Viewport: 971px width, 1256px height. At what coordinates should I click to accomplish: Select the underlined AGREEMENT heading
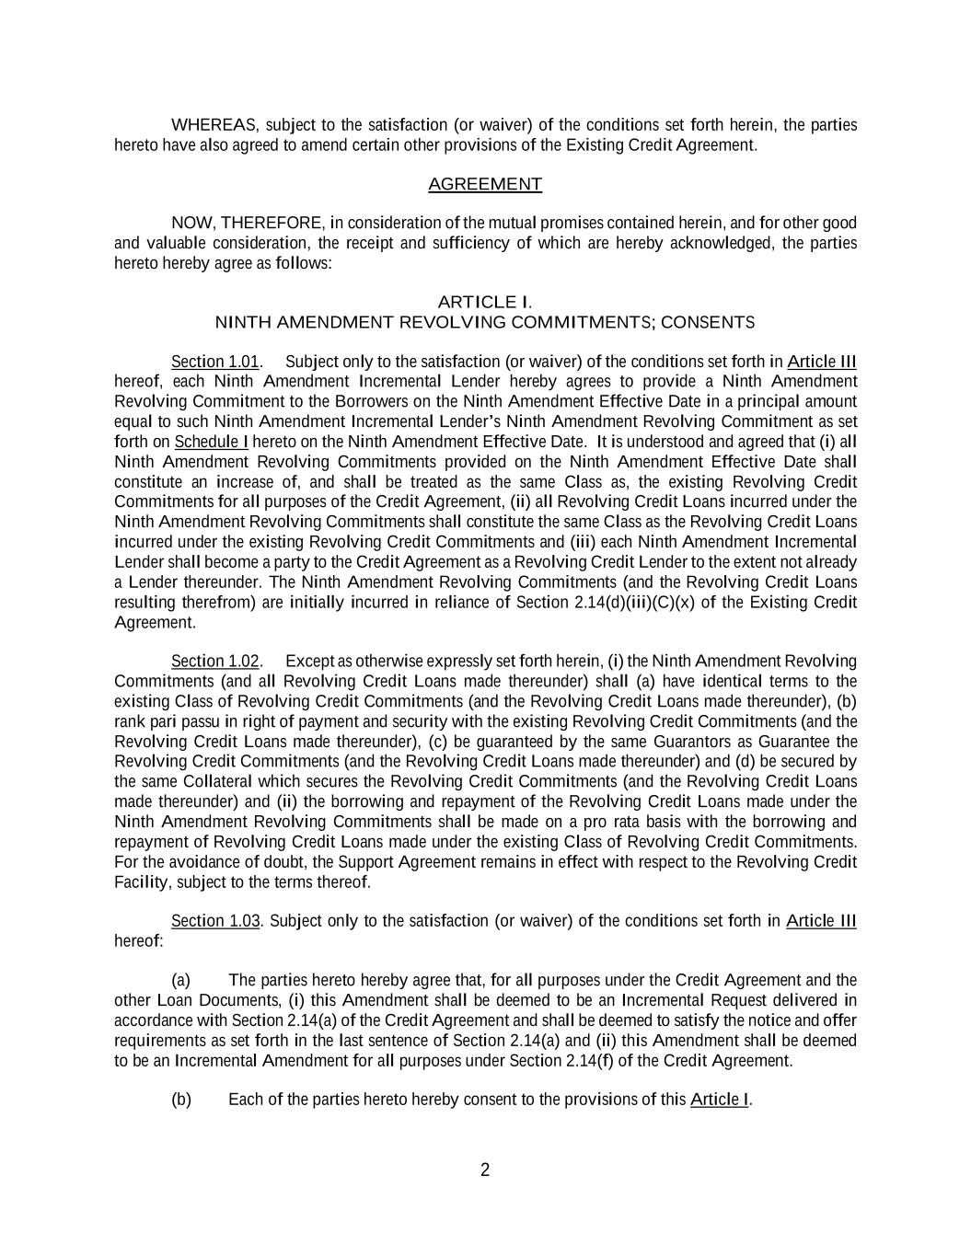[485, 184]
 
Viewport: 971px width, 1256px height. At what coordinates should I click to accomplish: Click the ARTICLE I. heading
[484, 302]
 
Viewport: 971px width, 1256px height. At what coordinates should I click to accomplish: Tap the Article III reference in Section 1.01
[822, 362]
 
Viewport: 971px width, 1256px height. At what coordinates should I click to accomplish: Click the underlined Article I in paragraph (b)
[720, 1100]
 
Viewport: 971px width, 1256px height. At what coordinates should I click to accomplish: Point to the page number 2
[485, 1170]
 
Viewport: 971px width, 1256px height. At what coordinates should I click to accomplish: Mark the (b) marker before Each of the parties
[181, 1100]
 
